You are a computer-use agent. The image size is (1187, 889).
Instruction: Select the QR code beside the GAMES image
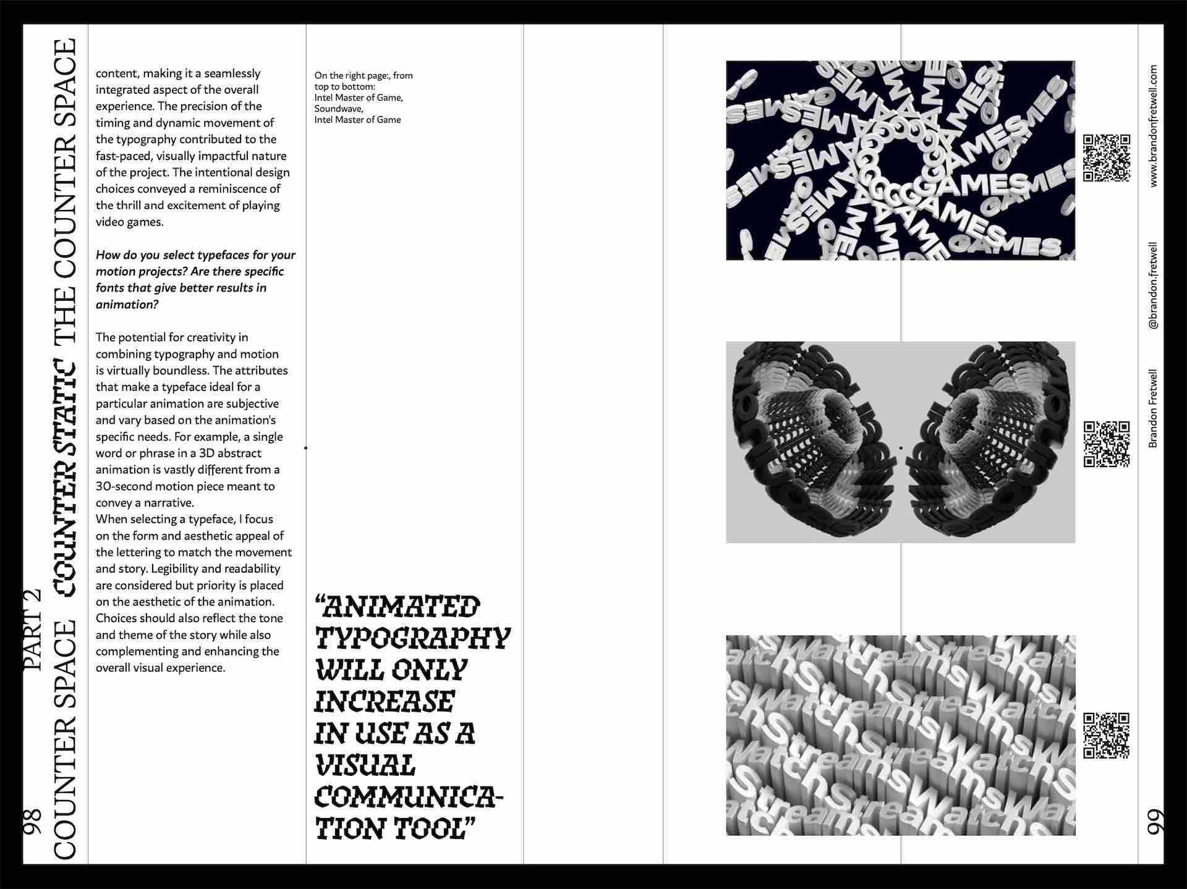[x=1107, y=158]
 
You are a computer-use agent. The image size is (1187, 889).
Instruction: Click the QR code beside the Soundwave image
[x=1107, y=444]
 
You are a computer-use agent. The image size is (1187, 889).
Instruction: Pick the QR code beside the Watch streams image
[x=1107, y=735]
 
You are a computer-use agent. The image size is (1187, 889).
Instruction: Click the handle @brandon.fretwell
[x=1154, y=285]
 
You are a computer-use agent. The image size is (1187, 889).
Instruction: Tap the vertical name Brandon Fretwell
[x=1154, y=408]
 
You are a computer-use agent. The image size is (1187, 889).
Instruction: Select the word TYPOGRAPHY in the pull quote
[x=412, y=638]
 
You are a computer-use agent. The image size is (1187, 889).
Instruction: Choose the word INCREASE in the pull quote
[x=385, y=702]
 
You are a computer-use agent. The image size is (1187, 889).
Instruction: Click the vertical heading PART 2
[x=32, y=630]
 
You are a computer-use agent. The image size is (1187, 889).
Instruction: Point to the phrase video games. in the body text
[x=129, y=222]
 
